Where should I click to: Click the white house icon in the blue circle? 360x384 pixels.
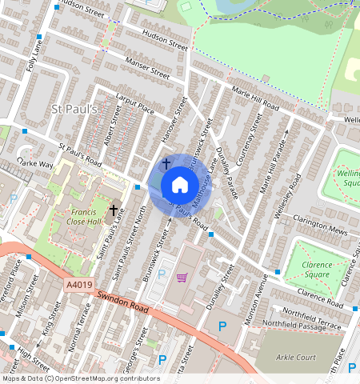180,185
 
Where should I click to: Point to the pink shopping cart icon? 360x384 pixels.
182,278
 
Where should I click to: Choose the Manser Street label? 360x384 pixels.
147,70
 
